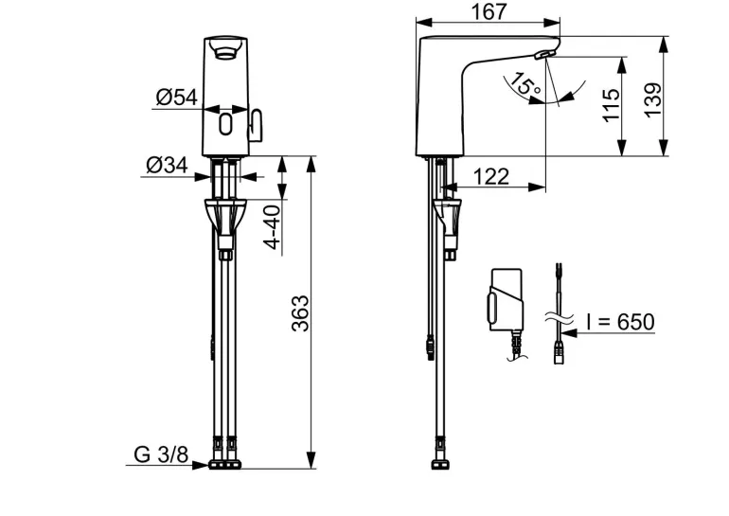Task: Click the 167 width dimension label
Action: (x=489, y=11)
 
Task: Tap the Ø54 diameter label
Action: (x=177, y=98)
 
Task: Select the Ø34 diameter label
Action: (x=167, y=165)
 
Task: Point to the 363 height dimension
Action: (x=300, y=312)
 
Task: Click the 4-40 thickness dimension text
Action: (x=273, y=227)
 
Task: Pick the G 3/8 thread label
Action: (x=161, y=454)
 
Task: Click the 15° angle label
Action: (x=525, y=85)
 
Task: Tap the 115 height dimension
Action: (x=611, y=105)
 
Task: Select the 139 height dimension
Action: (x=652, y=100)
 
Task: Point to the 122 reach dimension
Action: (x=491, y=177)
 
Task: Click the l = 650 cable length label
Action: (x=620, y=322)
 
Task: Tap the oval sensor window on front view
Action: (x=225, y=124)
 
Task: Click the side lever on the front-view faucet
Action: (x=257, y=126)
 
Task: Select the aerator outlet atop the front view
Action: (x=225, y=48)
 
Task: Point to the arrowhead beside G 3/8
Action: (x=201, y=465)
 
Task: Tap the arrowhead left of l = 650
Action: (x=570, y=333)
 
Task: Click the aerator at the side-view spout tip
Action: (x=542, y=55)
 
